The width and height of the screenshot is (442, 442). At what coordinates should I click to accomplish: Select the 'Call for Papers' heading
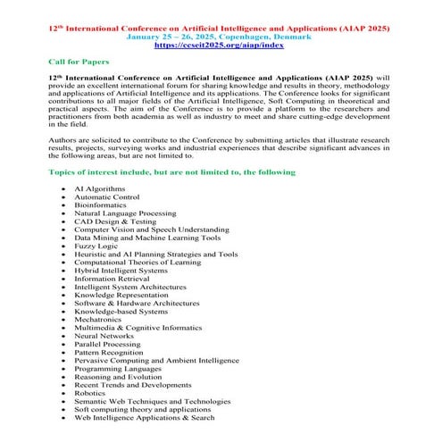79,63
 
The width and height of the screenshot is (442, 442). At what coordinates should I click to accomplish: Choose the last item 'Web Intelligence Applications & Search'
144,416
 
